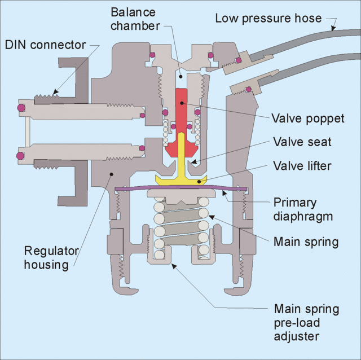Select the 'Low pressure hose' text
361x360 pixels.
click(x=268, y=18)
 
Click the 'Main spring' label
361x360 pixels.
click(x=305, y=242)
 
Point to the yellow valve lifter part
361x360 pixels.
click(x=180, y=179)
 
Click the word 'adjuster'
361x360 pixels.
click(x=296, y=337)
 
